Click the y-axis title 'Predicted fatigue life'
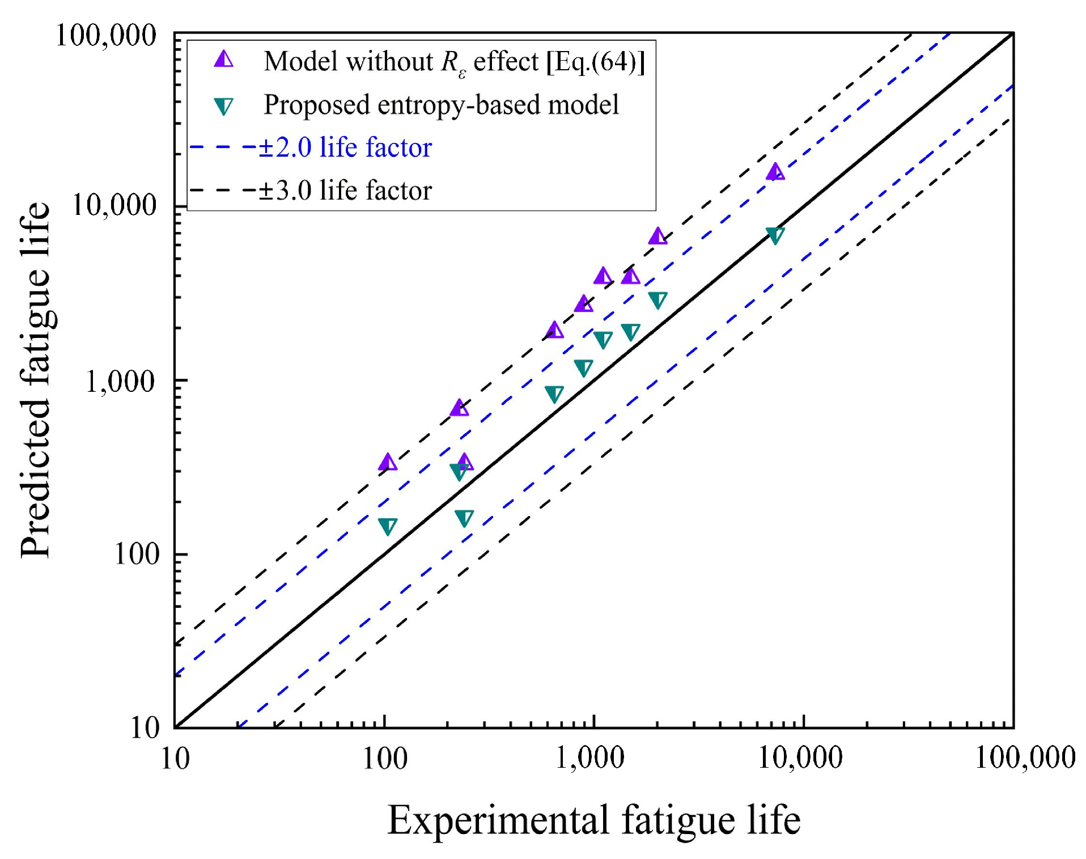pos(35,380)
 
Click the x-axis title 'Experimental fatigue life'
pos(593,820)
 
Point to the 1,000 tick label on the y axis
pos(120,382)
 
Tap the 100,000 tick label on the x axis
pos(1024,758)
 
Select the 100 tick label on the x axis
pos(385,758)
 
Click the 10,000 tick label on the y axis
pos(113,205)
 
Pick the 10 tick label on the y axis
pos(145,727)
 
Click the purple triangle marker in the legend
pos(224,60)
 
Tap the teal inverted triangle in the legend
pos(224,106)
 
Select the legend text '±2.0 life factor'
pos(345,147)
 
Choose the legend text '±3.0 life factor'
pos(345,190)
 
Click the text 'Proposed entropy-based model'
pos(441,105)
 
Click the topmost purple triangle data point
pos(775,172)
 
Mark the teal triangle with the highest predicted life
pos(775,235)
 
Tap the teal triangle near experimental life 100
pos(388,526)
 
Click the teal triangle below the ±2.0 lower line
pos(464,518)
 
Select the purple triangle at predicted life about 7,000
pos(657,236)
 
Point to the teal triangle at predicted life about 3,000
pos(657,300)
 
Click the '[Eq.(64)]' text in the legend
pos(595,61)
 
